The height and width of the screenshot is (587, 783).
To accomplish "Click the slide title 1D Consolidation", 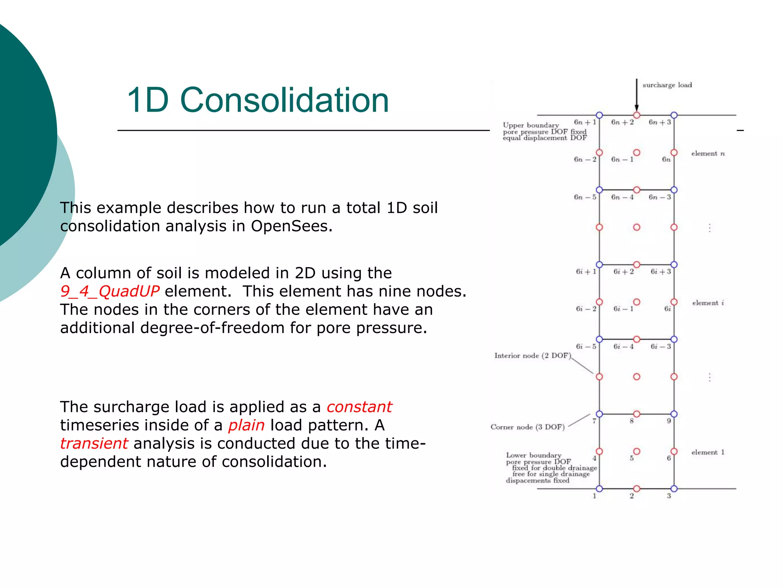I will [258, 100].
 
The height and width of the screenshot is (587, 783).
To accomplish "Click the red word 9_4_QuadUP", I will [109, 292].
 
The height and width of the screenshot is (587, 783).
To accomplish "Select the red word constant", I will [359, 407].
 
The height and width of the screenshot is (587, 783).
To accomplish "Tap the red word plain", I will [246, 425].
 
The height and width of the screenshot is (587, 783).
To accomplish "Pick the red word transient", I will [94, 444].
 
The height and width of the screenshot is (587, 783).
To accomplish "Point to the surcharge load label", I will [667, 85].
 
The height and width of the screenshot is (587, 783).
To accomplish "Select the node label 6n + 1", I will [585, 122].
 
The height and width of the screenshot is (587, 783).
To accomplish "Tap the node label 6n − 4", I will [622, 197].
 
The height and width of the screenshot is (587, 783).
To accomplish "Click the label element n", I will [708, 154].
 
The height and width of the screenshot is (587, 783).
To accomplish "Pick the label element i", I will [708, 303].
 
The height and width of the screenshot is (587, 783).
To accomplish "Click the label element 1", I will [708, 452].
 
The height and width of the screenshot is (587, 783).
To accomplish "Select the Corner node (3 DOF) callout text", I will [528, 427].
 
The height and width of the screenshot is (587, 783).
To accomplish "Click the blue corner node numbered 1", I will [599, 489].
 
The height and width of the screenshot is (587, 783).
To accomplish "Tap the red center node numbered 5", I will [637, 451].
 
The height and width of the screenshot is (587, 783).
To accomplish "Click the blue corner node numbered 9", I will [674, 414].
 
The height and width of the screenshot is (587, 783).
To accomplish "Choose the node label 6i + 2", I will [623, 272].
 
